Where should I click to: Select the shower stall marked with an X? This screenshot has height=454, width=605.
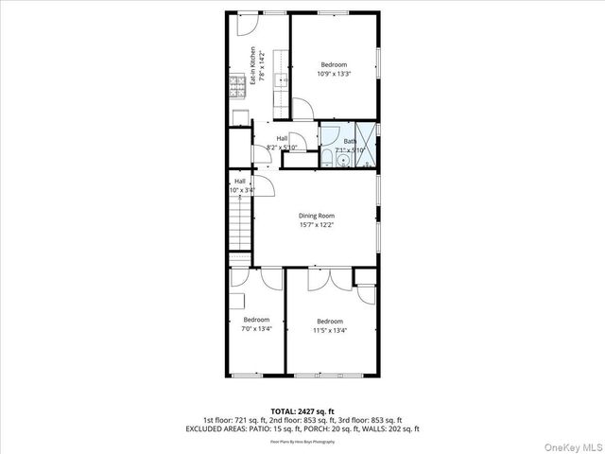coord(368,136)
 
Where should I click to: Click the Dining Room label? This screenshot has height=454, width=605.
coord(317,216)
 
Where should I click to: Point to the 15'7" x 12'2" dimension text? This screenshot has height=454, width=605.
coord(317,224)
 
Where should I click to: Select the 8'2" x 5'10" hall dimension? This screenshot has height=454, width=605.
coord(282,148)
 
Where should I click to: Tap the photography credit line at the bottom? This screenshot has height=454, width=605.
coord(302,441)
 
